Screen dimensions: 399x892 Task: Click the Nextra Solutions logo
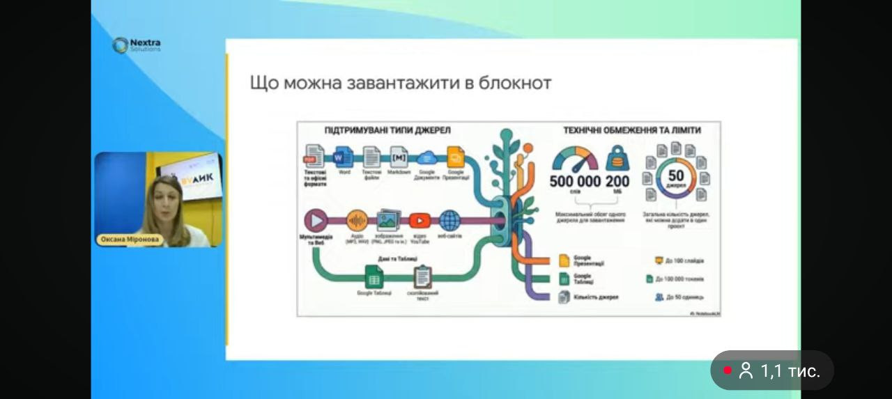tap(137, 45)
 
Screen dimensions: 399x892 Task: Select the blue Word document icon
tap(344, 157)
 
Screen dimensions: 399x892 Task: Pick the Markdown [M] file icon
tap(399, 156)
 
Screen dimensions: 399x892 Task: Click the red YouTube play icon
tap(420, 221)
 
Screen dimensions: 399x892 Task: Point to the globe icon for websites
tap(449, 221)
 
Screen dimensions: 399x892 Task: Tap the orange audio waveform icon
tap(357, 221)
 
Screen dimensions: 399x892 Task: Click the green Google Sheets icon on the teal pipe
tap(374, 278)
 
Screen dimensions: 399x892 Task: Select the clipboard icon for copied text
tap(422, 277)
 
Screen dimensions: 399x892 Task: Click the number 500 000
tap(575, 182)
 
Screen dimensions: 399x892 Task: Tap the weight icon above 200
tap(617, 158)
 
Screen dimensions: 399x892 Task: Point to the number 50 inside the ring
tap(676, 176)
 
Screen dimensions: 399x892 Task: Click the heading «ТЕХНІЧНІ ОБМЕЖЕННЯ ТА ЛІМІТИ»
tap(632, 130)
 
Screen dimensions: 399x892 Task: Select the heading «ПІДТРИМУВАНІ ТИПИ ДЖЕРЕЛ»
tap(387, 130)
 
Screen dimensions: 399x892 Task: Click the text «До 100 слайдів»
tap(684, 261)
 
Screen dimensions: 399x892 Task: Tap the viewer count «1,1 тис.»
tap(790, 371)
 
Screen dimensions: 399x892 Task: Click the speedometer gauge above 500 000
tap(575, 159)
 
